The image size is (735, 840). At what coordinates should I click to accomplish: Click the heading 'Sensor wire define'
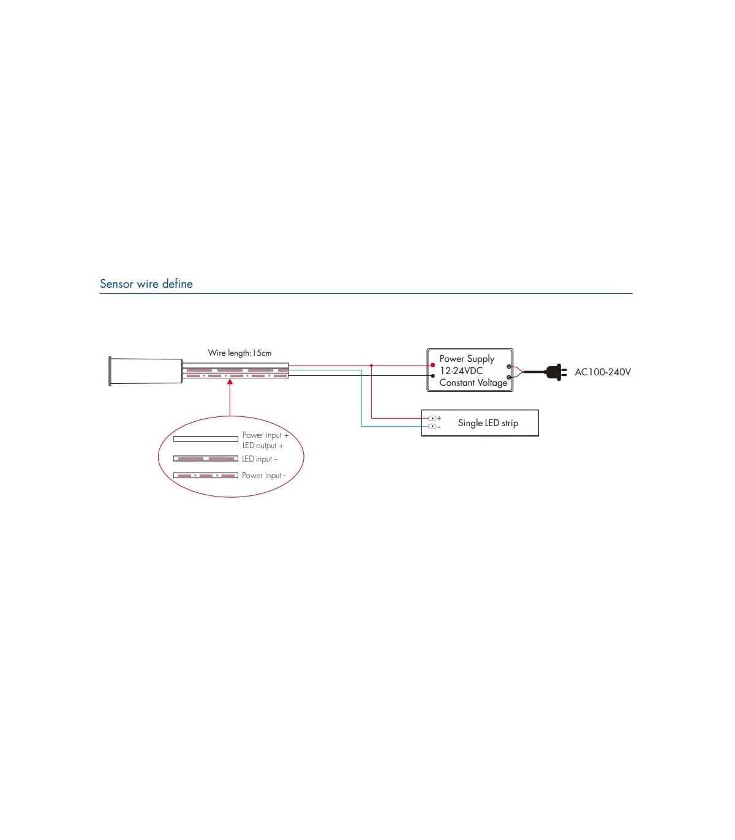point(146,283)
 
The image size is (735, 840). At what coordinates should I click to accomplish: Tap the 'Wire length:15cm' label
point(239,353)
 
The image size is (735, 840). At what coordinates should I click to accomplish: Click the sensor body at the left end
point(145,371)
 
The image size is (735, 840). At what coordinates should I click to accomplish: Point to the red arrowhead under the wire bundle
point(230,382)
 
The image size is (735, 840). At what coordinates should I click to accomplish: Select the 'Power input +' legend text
point(265,435)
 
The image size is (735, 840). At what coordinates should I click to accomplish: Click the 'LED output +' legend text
point(263,446)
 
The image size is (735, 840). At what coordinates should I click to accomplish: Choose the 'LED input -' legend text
point(259,459)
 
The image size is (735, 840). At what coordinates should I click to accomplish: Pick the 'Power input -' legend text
point(263,476)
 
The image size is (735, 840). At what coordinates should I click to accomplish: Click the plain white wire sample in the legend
point(206,439)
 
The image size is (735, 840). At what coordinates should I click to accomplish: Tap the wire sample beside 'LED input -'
point(206,459)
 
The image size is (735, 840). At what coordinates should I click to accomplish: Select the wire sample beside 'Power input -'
point(206,476)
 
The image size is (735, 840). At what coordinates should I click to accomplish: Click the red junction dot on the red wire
point(371,366)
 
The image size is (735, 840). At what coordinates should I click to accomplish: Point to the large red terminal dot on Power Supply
point(433,365)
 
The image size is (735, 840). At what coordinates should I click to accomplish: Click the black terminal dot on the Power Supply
point(433,376)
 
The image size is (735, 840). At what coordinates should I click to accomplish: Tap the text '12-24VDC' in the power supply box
point(461,371)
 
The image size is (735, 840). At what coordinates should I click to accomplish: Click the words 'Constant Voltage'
point(473,383)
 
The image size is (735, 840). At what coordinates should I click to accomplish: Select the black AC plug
point(556,372)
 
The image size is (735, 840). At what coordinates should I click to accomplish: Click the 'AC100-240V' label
point(603,372)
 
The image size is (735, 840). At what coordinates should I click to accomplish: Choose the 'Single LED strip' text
point(488,423)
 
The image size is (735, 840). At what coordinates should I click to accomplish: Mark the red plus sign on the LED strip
point(439,418)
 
